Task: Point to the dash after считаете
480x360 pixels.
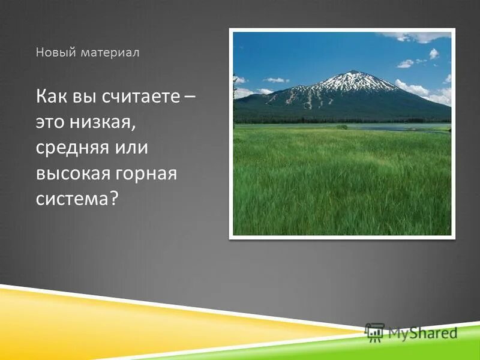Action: (x=190, y=96)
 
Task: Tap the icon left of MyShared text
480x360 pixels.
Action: (x=374, y=332)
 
